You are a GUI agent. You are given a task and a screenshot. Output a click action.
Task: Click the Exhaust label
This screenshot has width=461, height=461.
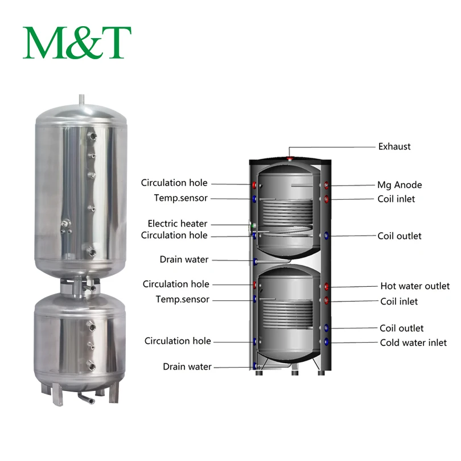click(394, 146)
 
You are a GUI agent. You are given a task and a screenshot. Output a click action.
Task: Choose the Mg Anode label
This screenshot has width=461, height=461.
click(399, 185)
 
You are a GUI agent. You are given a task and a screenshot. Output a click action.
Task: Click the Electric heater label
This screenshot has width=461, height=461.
click(178, 224)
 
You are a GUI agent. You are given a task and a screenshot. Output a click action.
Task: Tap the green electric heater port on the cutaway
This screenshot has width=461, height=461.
click(252, 225)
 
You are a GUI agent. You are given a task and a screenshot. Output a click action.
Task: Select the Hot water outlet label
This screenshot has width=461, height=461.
click(414, 286)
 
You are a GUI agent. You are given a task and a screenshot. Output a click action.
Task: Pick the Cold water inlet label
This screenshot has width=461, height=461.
click(413, 343)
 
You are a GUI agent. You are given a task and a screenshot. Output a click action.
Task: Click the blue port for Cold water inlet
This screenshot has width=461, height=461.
click(327, 343)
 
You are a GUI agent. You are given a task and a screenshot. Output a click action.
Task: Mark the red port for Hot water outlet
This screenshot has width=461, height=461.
click(327, 286)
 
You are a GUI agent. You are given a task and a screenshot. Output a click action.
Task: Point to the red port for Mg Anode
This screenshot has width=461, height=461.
click(327, 185)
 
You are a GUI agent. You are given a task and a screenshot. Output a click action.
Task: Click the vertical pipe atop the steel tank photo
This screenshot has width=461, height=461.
click(83, 100)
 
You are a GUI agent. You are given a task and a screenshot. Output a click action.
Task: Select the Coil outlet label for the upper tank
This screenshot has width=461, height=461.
click(400, 236)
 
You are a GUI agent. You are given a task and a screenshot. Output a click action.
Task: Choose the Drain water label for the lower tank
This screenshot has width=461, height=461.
click(187, 367)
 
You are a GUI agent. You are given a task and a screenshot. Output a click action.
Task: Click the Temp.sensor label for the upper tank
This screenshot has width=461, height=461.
click(180, 198)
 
